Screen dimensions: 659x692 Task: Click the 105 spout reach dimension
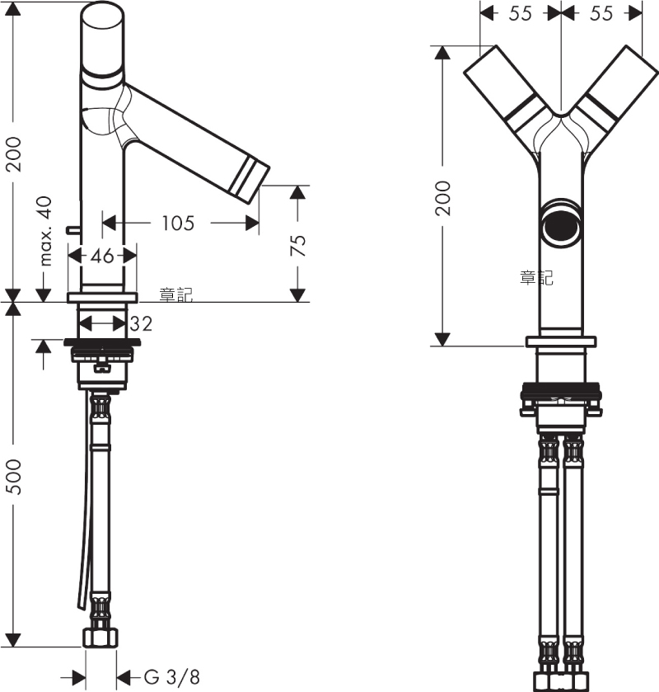click(178, 223)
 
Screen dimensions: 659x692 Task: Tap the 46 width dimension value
click(102, 256)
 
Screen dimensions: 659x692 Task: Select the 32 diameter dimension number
click(141, 323)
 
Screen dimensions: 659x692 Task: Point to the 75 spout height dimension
click(298, 245)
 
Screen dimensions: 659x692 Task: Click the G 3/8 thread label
click(172, 676)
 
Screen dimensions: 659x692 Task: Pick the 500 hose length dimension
click(15, 477)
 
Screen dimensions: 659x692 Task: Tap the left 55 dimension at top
click(520, 13)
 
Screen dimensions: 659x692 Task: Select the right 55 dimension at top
click(601, 13)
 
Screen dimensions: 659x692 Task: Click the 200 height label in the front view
click(443, 198)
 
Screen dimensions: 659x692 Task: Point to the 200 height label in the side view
click(15, 153)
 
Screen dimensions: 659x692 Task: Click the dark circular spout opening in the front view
click(561, 225)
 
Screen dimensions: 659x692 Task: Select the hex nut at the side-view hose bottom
click(101, 638)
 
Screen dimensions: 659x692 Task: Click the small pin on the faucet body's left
click(72, 229)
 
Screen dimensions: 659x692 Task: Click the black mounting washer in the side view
click(102, 342)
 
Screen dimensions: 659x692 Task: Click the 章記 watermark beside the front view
click(536, 278)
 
